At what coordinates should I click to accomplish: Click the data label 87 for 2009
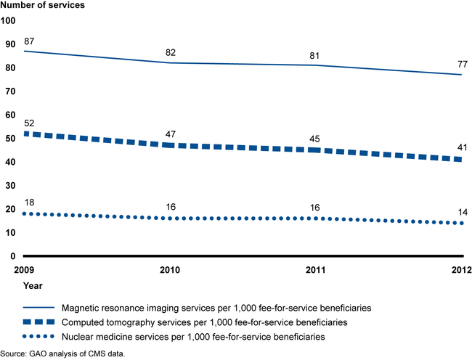[30, 40]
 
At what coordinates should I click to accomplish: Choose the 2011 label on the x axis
[316, 270]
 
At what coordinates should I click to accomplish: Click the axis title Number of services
[42, 6]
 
